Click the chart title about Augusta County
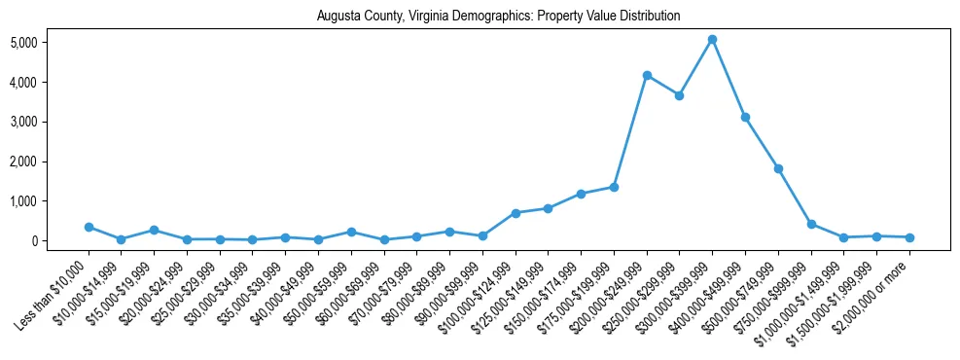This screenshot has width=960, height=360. [498, 17]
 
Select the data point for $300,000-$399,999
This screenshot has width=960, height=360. [712, 40]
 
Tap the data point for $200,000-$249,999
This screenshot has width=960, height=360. [647, 75]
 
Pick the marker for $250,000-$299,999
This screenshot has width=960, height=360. [680, 95]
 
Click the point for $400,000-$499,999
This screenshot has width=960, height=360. [745, 117]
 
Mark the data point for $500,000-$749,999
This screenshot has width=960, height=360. [778, 168]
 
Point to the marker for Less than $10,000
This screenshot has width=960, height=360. [89, 227]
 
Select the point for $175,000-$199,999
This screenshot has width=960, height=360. [614, 187]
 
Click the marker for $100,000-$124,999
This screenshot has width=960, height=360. [516, 213]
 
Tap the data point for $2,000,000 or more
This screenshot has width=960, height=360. [909, 237]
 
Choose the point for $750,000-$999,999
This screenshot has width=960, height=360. [811, 224]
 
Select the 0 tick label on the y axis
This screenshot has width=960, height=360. [60, 240]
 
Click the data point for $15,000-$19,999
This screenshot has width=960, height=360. [154, 231]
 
